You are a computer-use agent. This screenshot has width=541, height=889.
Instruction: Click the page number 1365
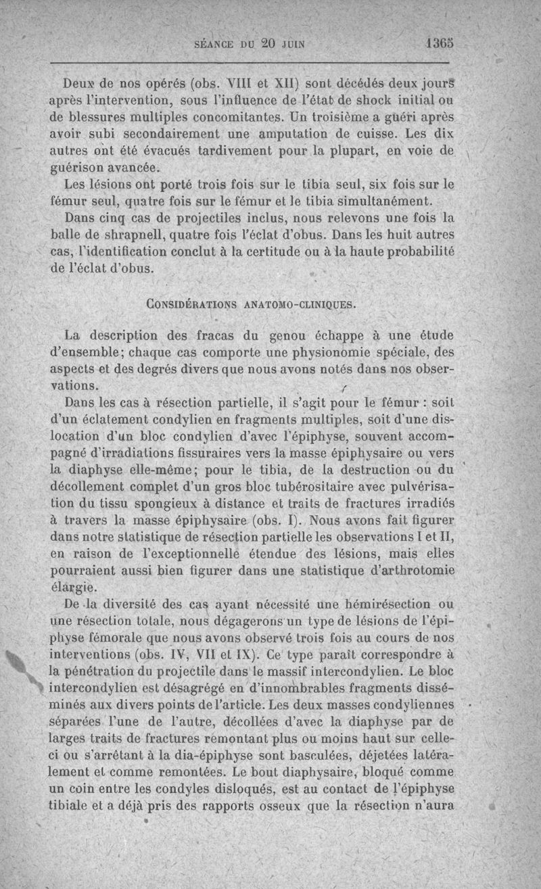[x=440, y=44]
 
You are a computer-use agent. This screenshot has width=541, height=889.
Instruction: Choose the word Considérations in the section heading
[x=189, y=304]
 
